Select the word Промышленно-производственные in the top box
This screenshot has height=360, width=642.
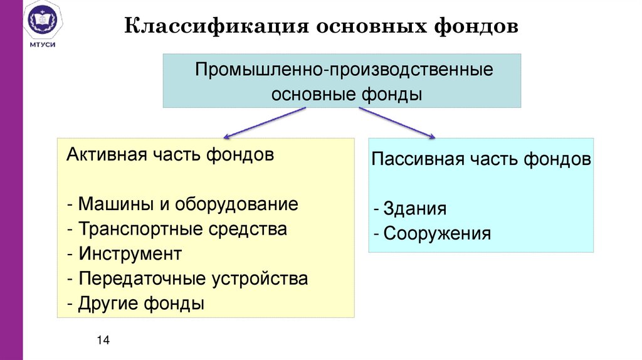344,70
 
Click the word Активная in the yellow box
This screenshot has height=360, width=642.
103,155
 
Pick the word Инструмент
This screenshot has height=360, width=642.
130,254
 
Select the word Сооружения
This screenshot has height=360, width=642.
437,234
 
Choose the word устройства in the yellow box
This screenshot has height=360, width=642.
263,278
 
